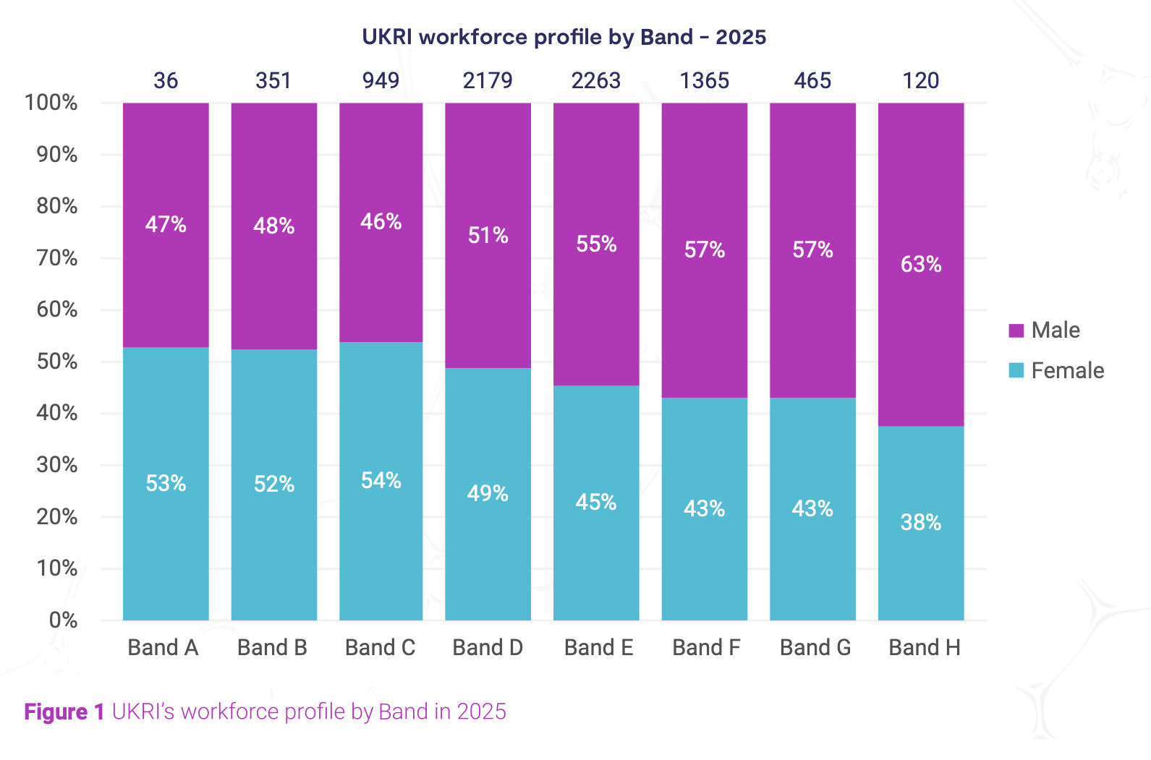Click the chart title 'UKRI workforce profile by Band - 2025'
564,37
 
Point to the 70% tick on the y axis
57,258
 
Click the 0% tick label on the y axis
63,620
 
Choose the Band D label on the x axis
488,648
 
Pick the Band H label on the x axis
925,648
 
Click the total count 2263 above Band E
596,80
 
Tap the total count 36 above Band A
166,80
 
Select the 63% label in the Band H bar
921,265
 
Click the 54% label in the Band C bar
381,481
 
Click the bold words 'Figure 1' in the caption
65,712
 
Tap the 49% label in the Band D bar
488,494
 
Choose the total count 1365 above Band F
705,80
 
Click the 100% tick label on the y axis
51,103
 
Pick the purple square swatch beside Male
1016,330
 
